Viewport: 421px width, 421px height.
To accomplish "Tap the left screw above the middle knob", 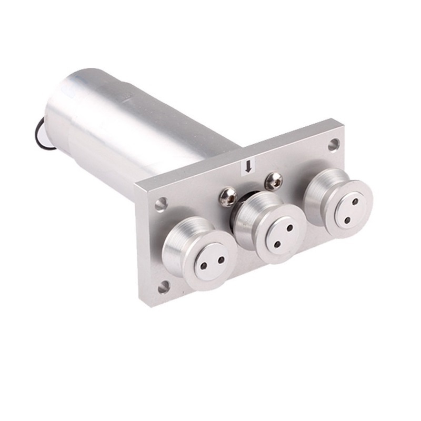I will coord(227,197).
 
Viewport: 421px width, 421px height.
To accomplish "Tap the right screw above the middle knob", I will coord(273,182).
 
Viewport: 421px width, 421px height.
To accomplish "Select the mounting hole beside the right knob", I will coord(333,144).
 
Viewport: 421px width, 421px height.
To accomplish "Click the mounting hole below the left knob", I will coord(164,287).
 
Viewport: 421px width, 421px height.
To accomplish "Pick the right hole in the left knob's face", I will coord(220,259).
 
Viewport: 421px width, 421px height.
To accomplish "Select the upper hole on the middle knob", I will coord(290,228).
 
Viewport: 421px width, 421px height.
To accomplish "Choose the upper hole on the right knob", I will coord(355,201).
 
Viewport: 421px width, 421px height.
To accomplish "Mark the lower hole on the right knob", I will coord(347,219).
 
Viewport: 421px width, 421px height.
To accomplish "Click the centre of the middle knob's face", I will coord(283,236).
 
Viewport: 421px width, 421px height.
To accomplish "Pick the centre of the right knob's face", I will coord(351,210).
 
